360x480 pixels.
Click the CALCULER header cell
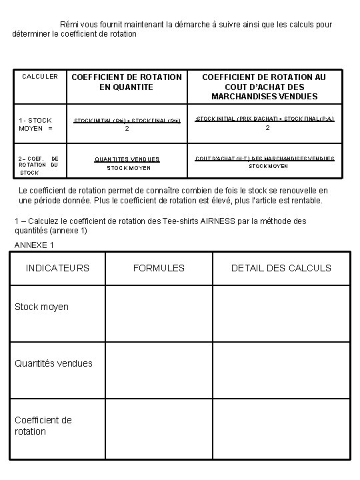(x=40, y=77)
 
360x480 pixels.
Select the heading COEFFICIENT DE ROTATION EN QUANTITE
(x=127, y=82)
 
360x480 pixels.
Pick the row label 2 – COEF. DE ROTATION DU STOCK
(x=39, y=165)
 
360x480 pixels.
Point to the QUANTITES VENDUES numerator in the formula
(x=127, y=159)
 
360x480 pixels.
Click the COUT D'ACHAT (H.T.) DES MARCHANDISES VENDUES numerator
(x=265, y=159)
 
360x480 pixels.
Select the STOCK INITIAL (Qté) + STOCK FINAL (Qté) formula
(x=127, y=121)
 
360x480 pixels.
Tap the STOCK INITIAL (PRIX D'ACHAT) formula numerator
(x=265, y=119)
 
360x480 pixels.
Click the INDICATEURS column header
(x=57, y=268)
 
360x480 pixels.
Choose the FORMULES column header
(x=159, y=268)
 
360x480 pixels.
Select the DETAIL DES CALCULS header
(x=281, y=268)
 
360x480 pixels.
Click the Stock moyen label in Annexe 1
(x=41, y=307)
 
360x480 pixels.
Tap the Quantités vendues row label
(x=53, y=363)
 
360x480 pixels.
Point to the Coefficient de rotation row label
(x=43, y=425)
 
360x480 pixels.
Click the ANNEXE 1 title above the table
(x=34, y=245)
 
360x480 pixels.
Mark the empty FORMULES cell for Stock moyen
(x=159, y=313)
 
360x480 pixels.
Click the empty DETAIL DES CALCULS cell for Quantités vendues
(x=281, y=370)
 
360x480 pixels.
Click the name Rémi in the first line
(x=69, y=24)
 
